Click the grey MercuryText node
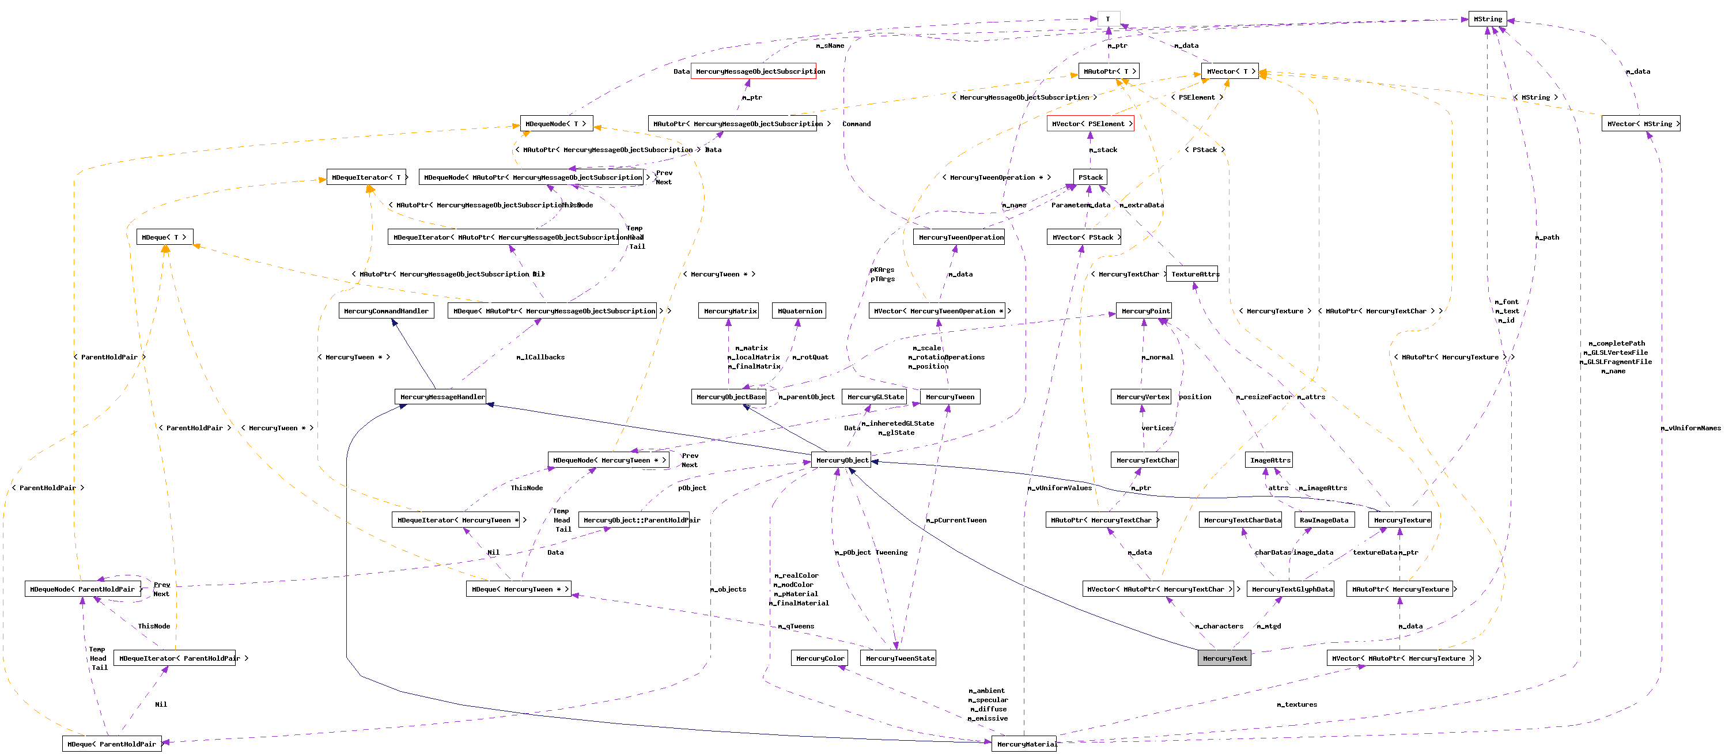(1224, 658)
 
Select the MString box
(1487, 19)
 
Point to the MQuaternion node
(799, 310)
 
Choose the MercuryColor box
(819, 658)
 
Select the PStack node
(1090, 177)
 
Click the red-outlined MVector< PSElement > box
(1090, 124)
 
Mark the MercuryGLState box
(875, 397)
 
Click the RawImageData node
(1324, 520)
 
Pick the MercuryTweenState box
(899, 658)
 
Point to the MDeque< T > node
(165, 237)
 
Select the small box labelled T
(1109, 19)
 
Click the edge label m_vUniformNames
(1690, 428)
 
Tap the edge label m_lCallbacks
(540, 357)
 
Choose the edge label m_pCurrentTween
(956, 520)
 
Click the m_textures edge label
(1296, 704)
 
